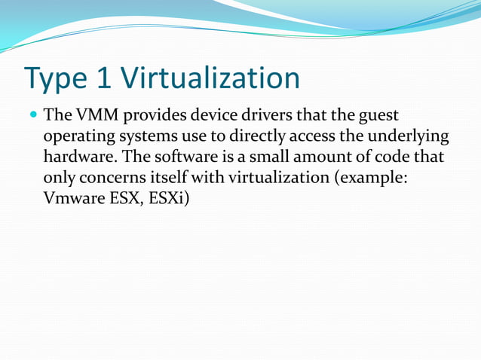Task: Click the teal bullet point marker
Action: pyautogui.click(x=32, y=117)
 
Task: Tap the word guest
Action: pyautogui.click(x=377, y=117)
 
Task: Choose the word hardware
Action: pyautogui.click(x=77, y=159)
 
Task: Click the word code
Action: pyautogui.click(x=397, y=159)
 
